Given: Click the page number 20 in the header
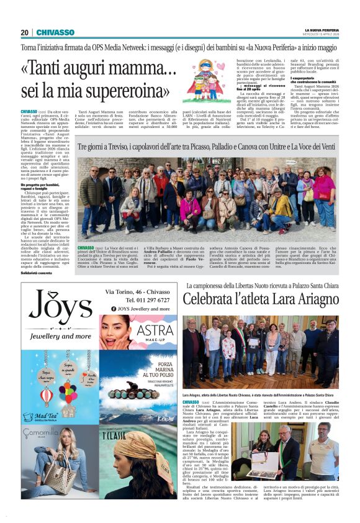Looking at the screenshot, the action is click(x=24, y=32).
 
